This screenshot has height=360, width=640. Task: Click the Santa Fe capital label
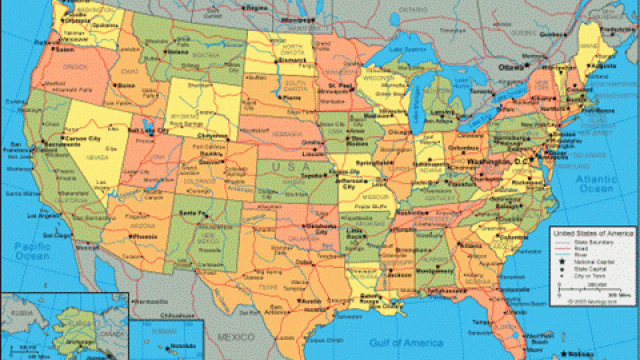pos(192,213)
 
